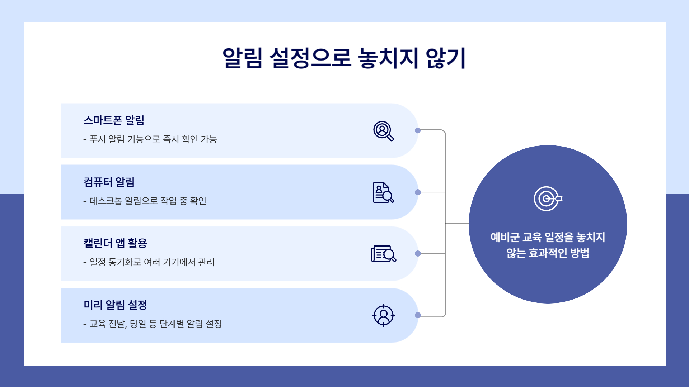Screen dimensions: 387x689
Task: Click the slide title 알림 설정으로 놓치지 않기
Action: [x=344, y=58]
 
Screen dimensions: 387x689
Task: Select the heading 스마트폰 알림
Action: [x=114, y=120]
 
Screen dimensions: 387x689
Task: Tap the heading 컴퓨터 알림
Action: [x=109, y=182]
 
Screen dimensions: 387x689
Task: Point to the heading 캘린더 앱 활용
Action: [x=115, y=243]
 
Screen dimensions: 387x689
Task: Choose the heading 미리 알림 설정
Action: [x=115, y=305]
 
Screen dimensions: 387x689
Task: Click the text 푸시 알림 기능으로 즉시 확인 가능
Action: [x=153, y=139]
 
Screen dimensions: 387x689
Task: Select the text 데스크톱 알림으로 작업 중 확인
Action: [x=147, y=201]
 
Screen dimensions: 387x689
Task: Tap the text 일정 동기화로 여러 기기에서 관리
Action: [x=152, y=262]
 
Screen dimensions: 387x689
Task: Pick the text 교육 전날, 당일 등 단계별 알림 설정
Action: [x=155, y=324]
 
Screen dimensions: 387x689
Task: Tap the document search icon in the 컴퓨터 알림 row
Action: [x=383, y=192]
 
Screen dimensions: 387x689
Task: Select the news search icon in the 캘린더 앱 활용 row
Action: [x=383, y=254]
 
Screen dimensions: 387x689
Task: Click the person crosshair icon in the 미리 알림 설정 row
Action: [x=383, y=315]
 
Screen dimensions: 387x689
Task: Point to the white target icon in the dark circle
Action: [x=548, y=199]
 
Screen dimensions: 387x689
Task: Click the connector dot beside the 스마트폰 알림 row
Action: [x=418, y=131]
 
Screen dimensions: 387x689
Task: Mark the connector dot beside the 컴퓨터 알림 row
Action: [x=418, y=192]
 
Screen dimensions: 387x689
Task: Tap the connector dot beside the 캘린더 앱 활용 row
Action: [x=418, y=254]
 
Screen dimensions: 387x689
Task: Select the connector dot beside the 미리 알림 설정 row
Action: [x=418, y=315]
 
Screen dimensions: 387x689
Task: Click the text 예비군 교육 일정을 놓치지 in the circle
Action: [x=548, y=237]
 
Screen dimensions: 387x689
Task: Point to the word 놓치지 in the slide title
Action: [x=388, y=58]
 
